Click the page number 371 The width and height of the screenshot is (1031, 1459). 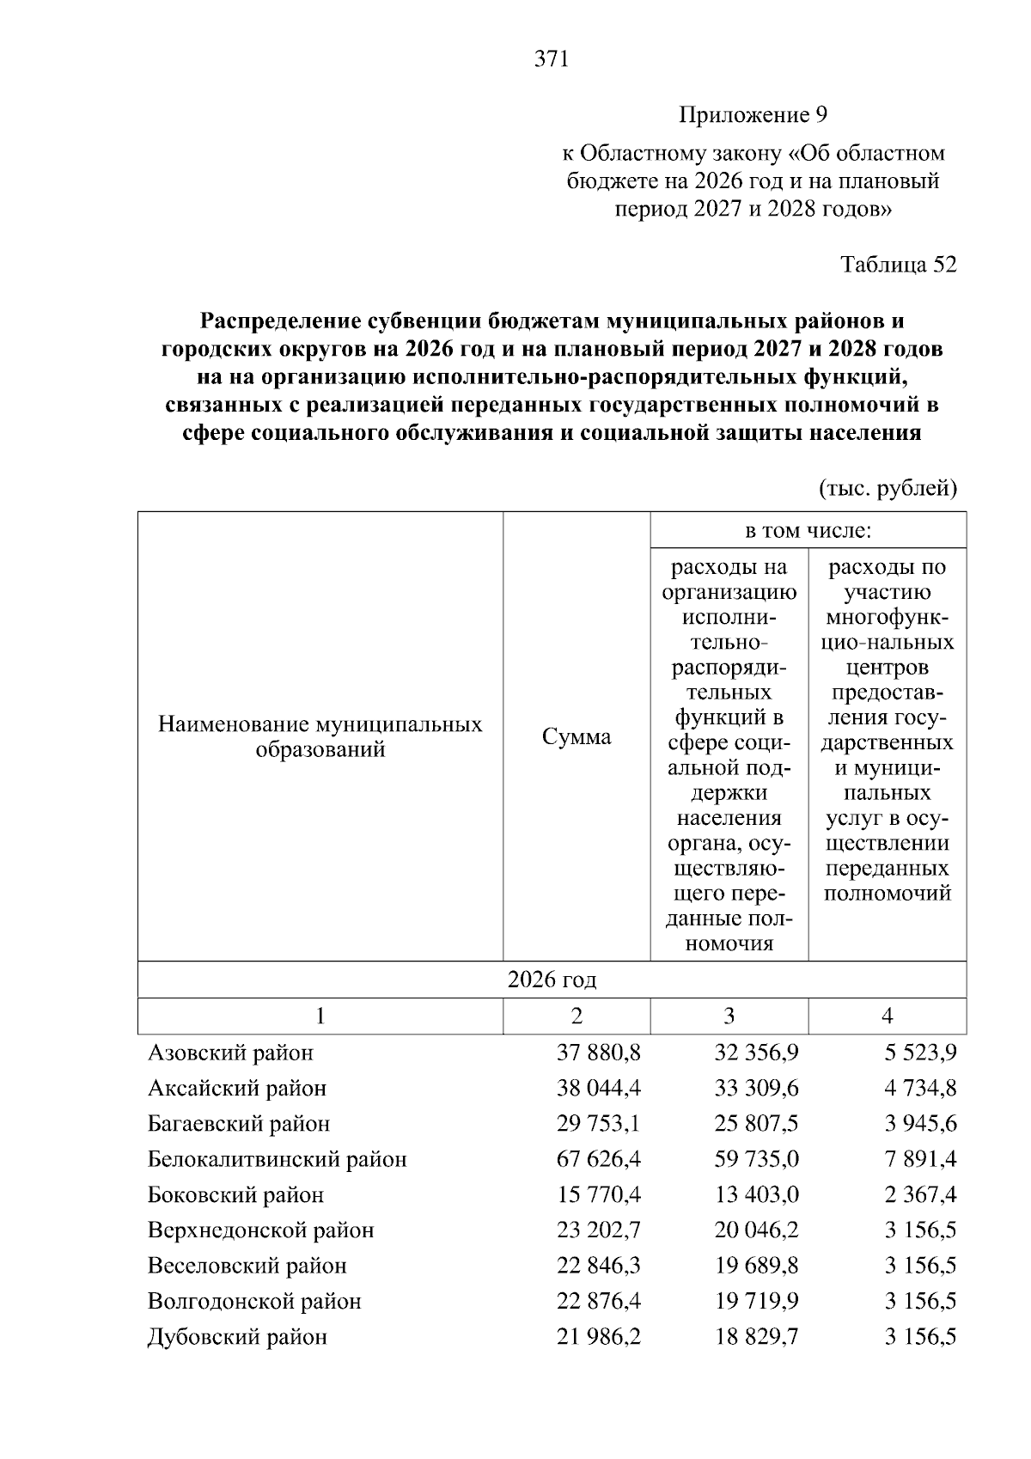pos(552,59)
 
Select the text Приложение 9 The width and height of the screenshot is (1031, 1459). pos(753,114)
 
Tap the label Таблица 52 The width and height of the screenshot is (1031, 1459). pos(898,265)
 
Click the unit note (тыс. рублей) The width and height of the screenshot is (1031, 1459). pos(887,489)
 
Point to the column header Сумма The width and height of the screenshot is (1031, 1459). pos(577,737)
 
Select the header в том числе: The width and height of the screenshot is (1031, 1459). pos(808,531)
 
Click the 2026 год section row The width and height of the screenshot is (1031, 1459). pos(552,980)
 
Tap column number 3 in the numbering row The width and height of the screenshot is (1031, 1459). pos(729,1016)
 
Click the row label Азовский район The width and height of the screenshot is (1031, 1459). pos(231,1053)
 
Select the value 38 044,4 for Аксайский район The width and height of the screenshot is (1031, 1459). pos(598,1089)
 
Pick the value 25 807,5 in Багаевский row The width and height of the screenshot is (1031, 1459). pos(756,1124)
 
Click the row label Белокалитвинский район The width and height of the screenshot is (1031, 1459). pos(277,1159)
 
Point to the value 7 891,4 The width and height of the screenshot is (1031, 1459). pos(920,1159)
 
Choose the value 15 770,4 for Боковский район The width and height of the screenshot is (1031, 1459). pos(598,1195)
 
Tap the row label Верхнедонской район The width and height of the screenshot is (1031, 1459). pos(260,1230)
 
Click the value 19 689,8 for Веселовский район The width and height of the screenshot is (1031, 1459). pos(756,1266)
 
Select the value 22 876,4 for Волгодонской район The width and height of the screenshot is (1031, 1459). pos(598,1301)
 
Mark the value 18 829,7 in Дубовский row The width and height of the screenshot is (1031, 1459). pos(756,1337)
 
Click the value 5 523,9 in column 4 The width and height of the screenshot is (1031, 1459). pos(920,1053)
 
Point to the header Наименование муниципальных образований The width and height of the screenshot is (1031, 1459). pos(320,737)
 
